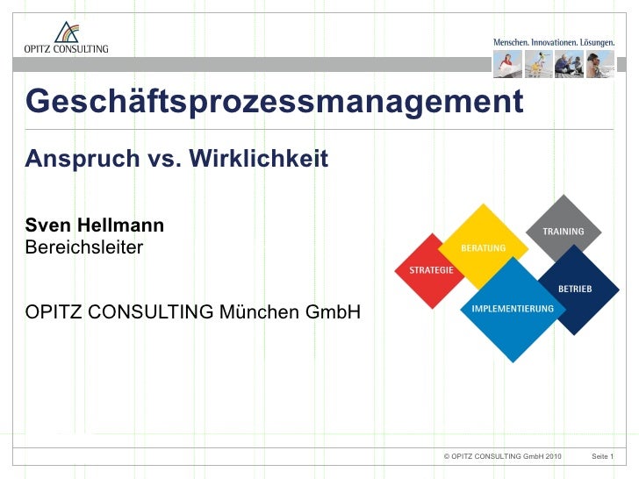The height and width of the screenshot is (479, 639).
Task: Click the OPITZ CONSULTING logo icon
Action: (65, 33)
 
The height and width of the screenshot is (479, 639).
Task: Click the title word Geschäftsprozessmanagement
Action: (274, 102)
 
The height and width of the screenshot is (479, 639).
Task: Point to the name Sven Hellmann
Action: (94, 226)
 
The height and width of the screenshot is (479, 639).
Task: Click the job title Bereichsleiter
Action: (83, 247)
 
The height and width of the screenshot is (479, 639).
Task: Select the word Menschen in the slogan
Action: (510, 42)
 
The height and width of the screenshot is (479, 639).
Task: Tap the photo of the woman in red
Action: (506, 64)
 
